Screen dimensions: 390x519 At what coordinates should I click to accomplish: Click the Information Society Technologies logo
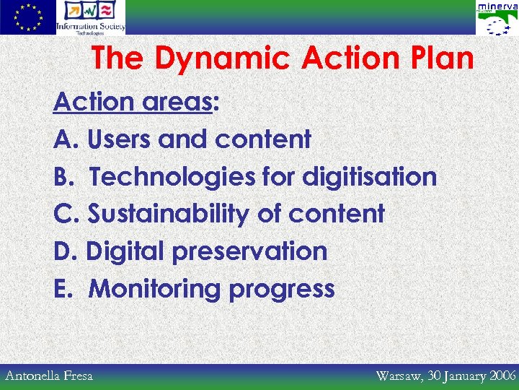pyautogui.click(x=92, y=17)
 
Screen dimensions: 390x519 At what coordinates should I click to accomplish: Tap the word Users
pyautogui.click(x=120, y=139)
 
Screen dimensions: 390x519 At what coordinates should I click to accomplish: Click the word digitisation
pyautogui.click(x=369, y=177)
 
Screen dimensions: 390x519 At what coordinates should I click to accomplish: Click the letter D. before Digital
pyautogui.click(x=66, y=252)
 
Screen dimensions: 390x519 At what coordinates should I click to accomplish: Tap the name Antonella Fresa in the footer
pyautogui.click(x=49, y=376)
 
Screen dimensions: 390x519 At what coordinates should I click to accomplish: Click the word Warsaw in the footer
pyautogui.click(x=399, y=376)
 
